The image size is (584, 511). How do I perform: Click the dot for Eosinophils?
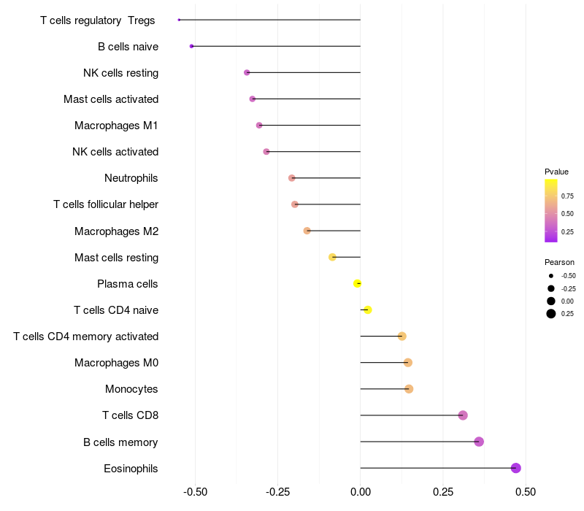tap(516, 468)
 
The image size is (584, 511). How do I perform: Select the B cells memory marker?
tap(479, 442)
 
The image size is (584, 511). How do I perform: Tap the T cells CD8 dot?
tap(463, 415)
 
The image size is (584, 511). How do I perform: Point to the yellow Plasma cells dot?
tap(357, 283)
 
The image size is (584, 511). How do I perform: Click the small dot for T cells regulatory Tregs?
tap(179, 20)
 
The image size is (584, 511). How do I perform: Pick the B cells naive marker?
tap(191, 46)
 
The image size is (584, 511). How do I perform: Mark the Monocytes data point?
tap(409, 389)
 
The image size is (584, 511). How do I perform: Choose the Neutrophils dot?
tap(292, 178)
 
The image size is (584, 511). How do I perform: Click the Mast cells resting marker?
tap(332, 257)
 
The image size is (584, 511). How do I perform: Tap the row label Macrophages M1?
tap(116, 126)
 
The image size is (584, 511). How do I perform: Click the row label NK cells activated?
tap(115, 152)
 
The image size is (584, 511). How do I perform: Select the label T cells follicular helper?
tap(106, 204)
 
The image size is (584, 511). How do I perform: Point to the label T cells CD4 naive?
tap(116, 310)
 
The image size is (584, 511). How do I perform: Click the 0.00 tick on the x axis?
tap(361, 492)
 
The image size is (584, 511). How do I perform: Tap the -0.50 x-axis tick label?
tap(195, 492)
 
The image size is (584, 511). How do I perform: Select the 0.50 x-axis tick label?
tap(526, 492)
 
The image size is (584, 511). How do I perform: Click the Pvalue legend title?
tap(556, 172)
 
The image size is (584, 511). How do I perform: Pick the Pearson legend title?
tap(559, 262)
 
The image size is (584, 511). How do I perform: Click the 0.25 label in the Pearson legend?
tap(567, 314)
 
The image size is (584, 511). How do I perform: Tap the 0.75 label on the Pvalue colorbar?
tap(567, 196)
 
